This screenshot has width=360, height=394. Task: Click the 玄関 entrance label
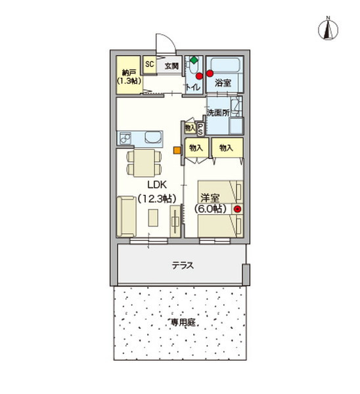coord(171,66)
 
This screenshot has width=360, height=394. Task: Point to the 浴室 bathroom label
coord(223,83)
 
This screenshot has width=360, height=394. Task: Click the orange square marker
coord(177,150)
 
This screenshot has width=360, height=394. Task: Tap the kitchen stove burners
coord(125,139)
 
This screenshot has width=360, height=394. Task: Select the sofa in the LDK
coord(126,215)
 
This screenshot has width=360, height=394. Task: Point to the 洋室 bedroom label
coord(210,196)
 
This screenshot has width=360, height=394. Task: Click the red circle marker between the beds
coord(237,209)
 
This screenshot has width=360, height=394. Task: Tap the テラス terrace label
coord(182,265)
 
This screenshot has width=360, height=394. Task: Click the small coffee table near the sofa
coord(153,217)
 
